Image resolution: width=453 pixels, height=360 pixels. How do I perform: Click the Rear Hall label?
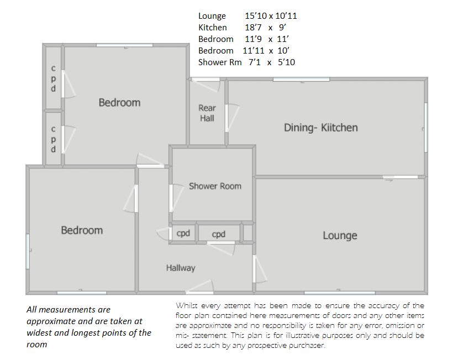point(207,113)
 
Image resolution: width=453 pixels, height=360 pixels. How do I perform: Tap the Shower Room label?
point(215,186)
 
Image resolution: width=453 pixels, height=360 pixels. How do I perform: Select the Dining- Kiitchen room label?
point(320,128)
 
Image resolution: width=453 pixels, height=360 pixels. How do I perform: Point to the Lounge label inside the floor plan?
point(340,236)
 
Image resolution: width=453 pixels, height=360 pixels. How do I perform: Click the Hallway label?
point(181,268)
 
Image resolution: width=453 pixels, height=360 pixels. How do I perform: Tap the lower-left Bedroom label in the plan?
point(82,230)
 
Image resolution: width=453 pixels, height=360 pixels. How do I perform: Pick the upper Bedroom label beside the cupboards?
point(120,103)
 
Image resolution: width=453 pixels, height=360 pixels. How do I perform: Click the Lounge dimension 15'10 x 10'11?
point(271,16)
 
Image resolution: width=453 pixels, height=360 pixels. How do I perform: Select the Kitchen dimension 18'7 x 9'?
point(266,28)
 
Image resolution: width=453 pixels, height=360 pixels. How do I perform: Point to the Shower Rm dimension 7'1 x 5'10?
point(272,62)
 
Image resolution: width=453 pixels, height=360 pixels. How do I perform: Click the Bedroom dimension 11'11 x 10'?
point(266,50)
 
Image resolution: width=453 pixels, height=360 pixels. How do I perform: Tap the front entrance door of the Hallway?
point(199,287)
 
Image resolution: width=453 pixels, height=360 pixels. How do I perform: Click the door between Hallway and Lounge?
point(260,269)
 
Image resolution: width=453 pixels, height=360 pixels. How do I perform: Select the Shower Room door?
point(176,198)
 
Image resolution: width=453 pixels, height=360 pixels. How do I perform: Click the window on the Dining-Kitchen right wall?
point(426,128)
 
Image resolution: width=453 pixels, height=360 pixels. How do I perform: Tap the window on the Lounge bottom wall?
point(340,293)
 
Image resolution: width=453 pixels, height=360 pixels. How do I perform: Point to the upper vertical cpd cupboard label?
point(53,78)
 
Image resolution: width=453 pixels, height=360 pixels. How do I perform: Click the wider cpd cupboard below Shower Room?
point(218,234)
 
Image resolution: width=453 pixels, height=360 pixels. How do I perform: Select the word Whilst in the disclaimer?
point(187,305)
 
